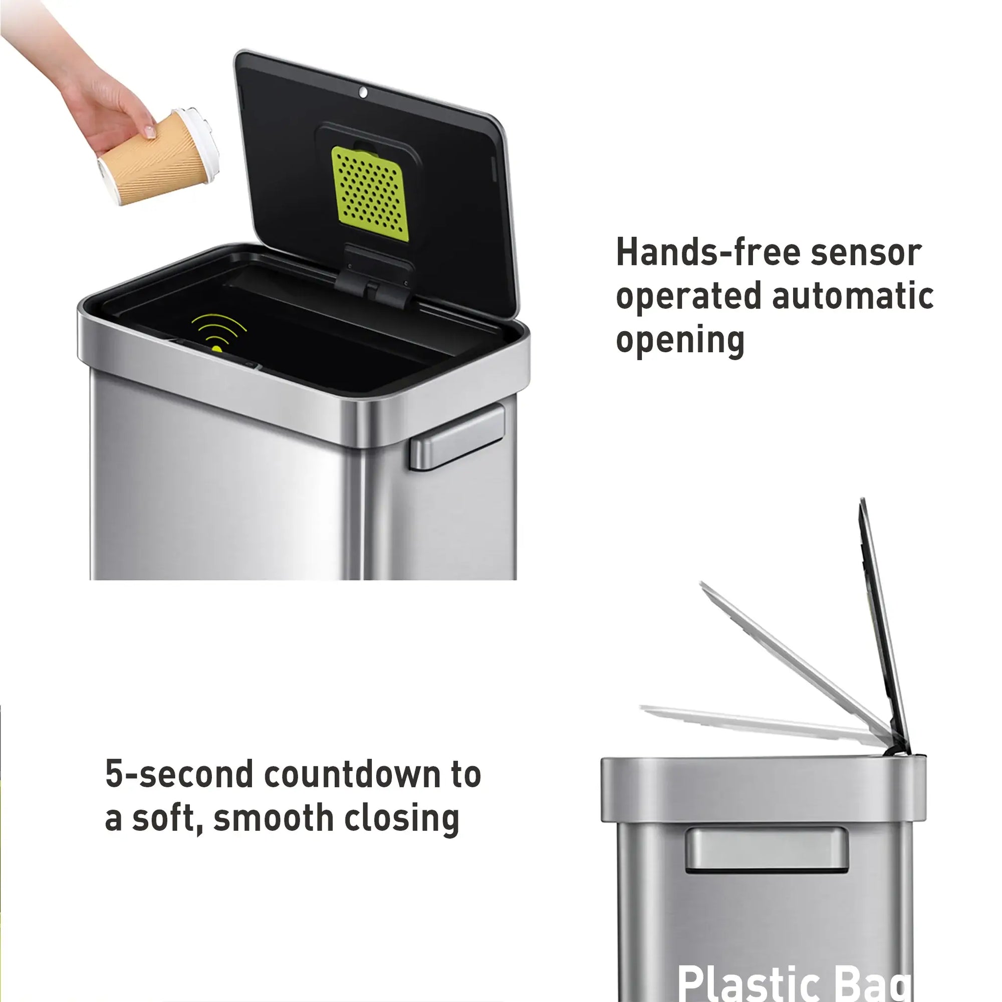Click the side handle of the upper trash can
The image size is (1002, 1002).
[457, 438]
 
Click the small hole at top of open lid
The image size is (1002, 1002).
[363, 93]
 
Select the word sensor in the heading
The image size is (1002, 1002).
[866, 253]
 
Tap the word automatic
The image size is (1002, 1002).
[853, 296]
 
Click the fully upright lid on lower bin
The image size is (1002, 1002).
[882, 622]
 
